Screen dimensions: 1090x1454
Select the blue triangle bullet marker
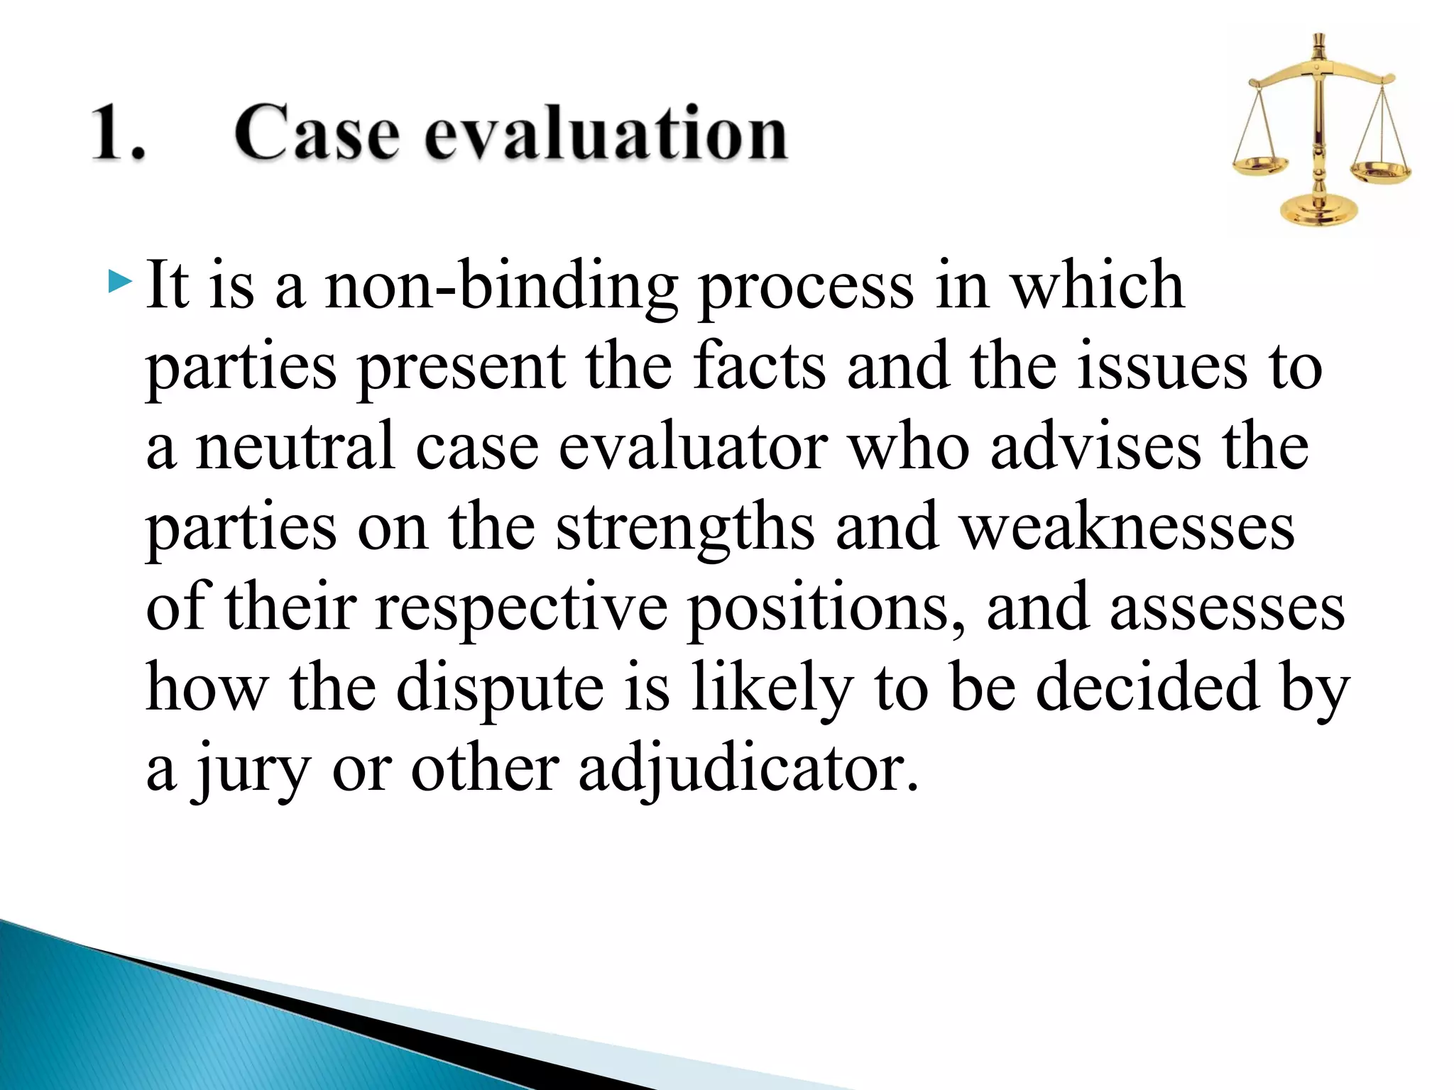click(x=120, y=282)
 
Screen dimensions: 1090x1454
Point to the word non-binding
click(x=500, y=287)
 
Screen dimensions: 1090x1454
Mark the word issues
click(x=1161, y=368)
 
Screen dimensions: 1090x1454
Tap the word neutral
click(x=295, y=447)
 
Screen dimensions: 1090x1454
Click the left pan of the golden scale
click(x=1259, y=167)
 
